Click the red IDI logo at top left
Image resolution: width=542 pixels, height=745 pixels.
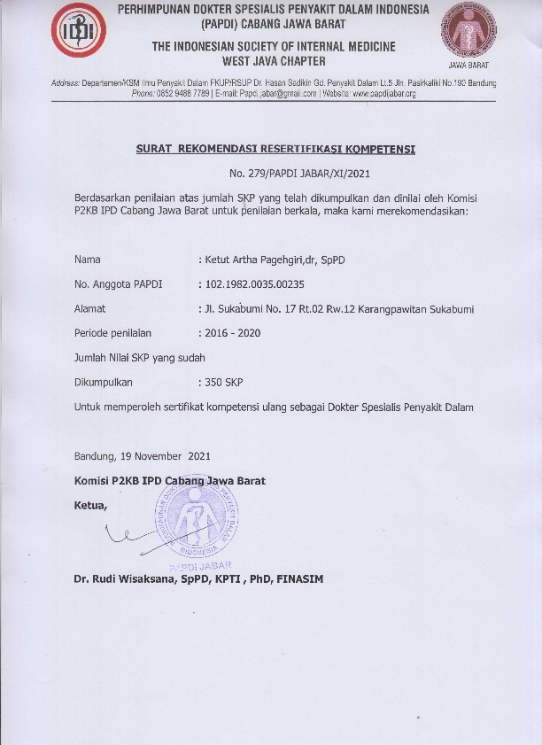pos(79,31)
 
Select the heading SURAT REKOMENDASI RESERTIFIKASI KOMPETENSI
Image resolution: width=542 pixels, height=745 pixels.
pos(275,149)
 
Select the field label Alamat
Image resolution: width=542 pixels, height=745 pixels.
pos(90,309)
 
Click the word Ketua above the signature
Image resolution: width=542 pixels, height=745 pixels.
pos(91,505)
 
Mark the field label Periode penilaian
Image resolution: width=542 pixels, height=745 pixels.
pos(113,333)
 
